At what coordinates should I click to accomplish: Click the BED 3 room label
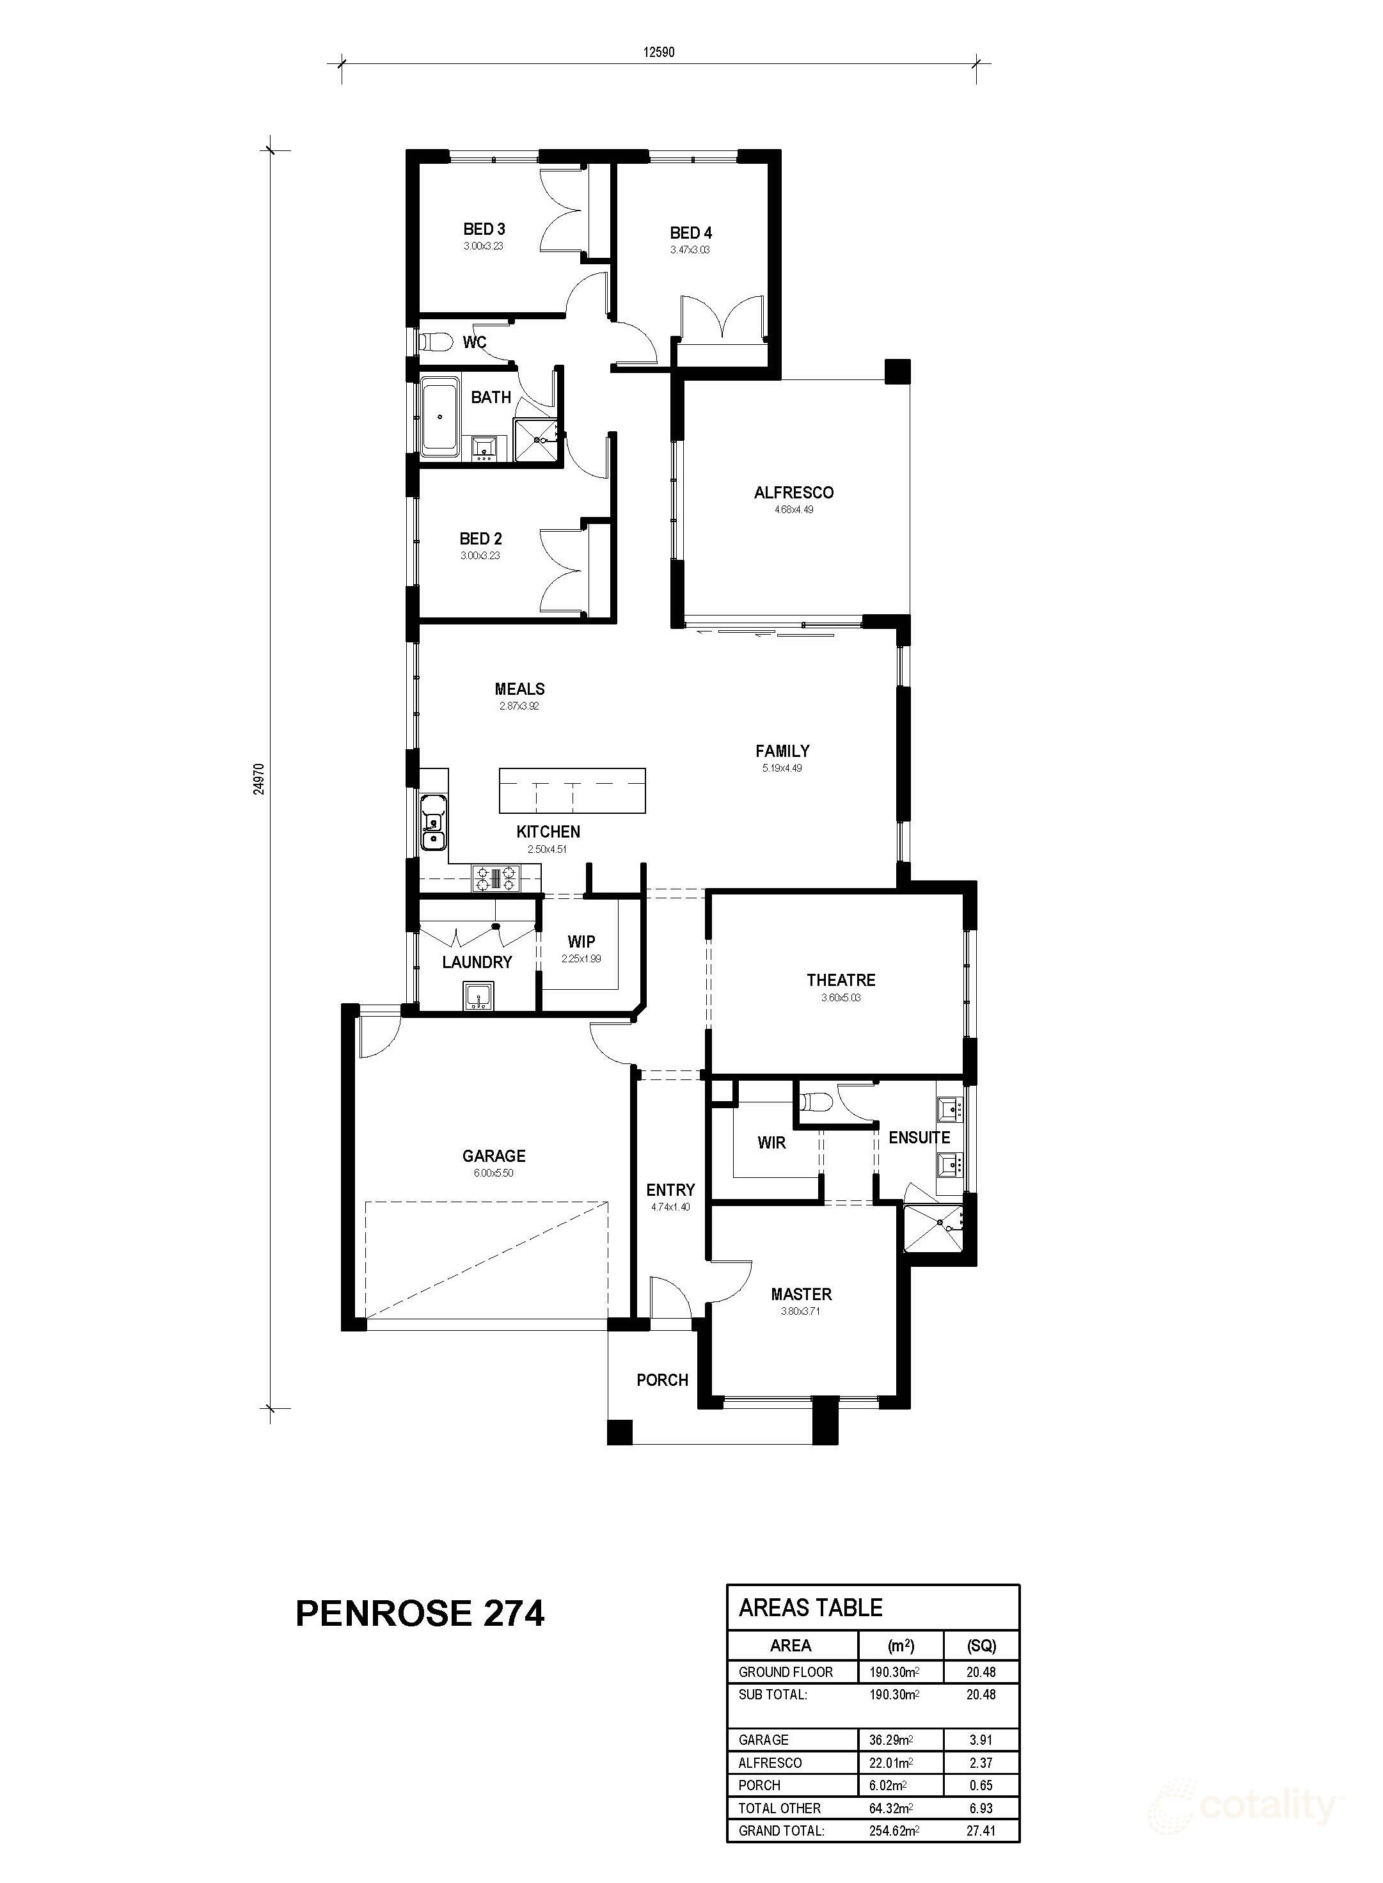pyautogui.click(x=484, y=228)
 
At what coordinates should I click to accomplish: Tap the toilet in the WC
pyautogui.click(x=434, y=342)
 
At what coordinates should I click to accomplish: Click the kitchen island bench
pyautogui.click(x=573, y=790)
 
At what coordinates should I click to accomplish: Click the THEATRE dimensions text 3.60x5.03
pyautogui.click(x=841, y=997)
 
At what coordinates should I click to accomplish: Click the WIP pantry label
pyautogui.click(x=581, y=942)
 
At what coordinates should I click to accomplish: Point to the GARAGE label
pyautogui.click(x=494, y=1156)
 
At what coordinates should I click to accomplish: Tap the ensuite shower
pyautogui.click(x=933, y=1228)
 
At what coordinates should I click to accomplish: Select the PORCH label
pyautogui.click(x=662, y=1380)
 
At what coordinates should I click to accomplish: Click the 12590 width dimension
pyautogui.click(x=659, y=52)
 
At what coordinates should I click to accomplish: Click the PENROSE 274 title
pyautogui.click(x=420, y=1612)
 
